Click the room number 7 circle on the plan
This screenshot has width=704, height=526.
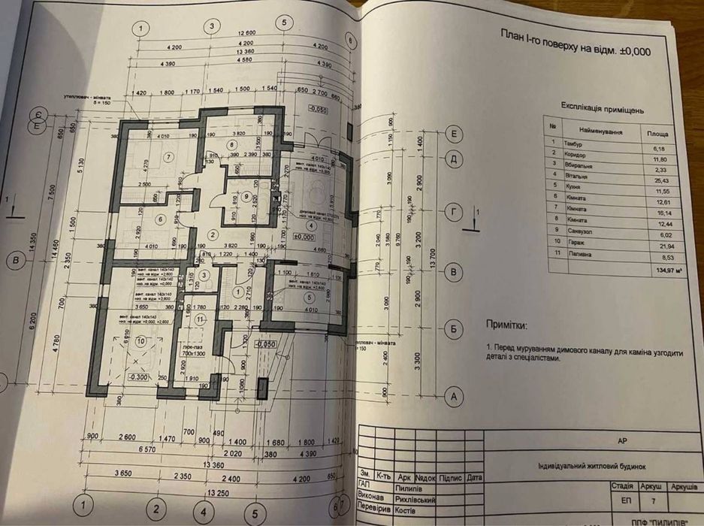[170, 156]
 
